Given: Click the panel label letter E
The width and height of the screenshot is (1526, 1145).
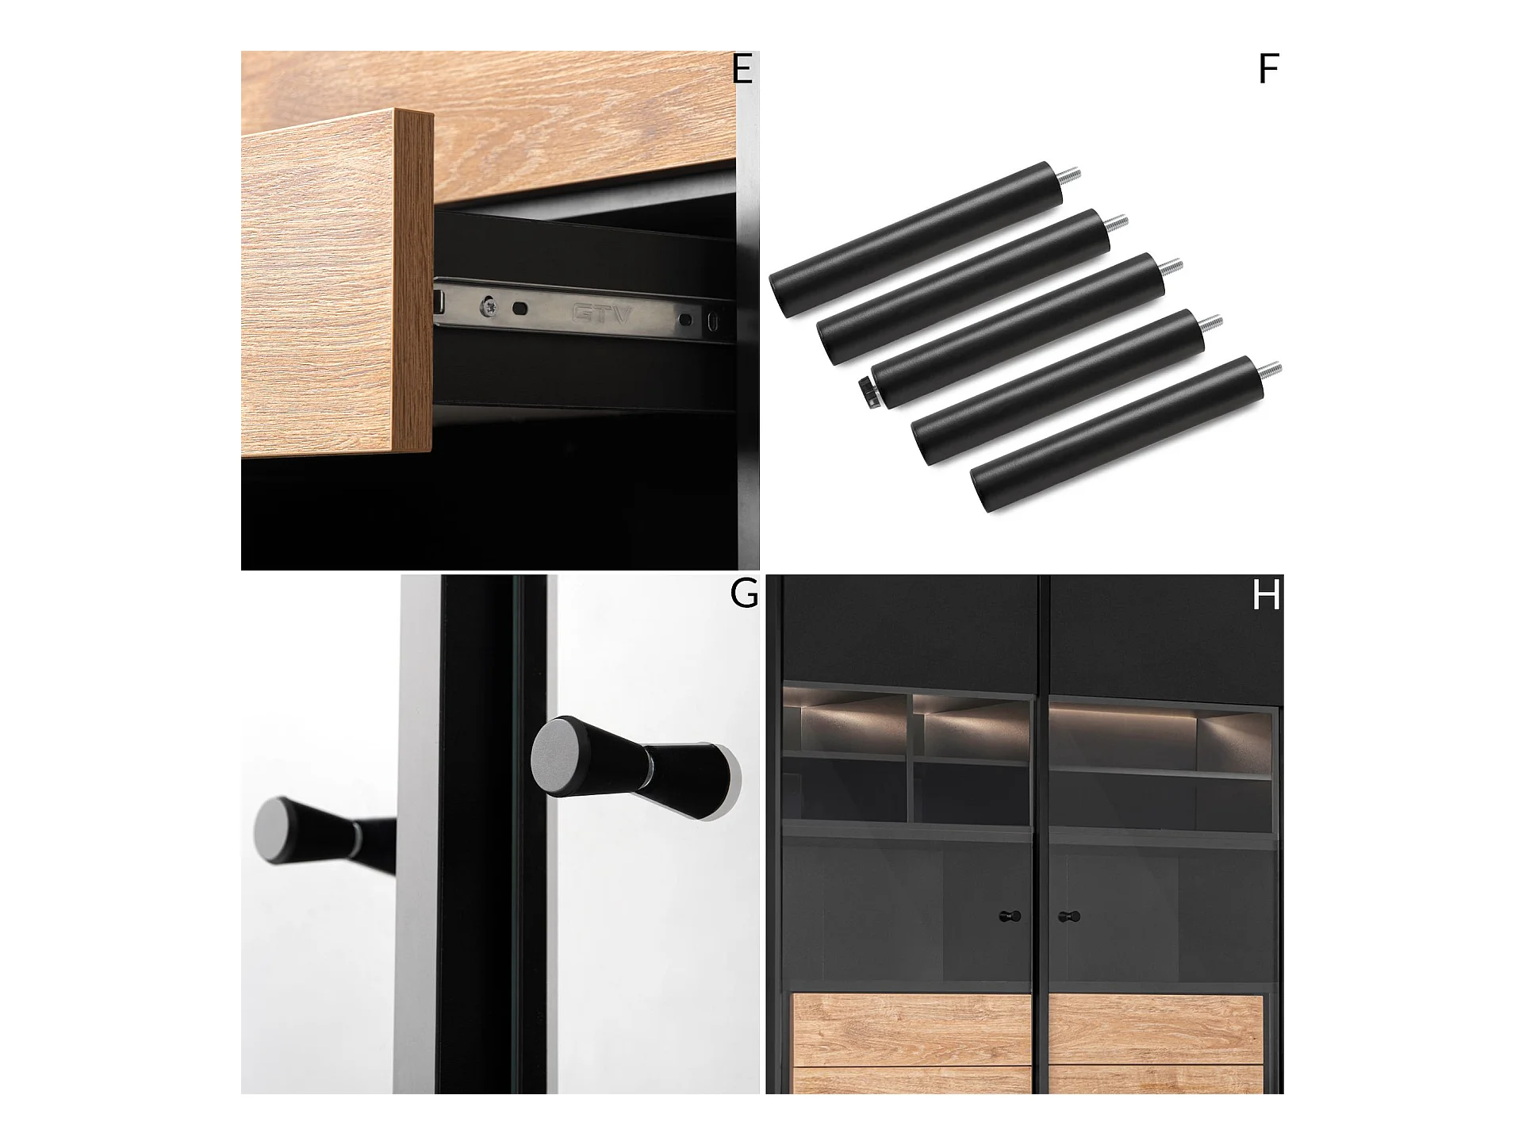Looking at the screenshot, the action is pos(742,70).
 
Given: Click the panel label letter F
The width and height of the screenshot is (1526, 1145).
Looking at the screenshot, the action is pos(1268,70).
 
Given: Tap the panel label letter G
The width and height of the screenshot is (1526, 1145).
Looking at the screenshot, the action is pos(744,594).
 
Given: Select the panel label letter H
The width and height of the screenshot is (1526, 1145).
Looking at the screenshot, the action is pos(1266,596).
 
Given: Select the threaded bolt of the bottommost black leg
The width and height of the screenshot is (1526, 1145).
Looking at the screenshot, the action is pos(1270,371).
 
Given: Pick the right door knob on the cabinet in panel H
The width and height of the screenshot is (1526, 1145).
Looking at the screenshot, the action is pos(1064,916).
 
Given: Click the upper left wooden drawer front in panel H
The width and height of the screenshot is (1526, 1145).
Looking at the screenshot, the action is pos(912,1028).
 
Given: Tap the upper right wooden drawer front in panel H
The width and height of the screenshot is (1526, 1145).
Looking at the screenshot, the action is pos(1156,1028).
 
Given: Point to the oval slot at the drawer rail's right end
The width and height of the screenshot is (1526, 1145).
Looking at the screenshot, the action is pos(715,321).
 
